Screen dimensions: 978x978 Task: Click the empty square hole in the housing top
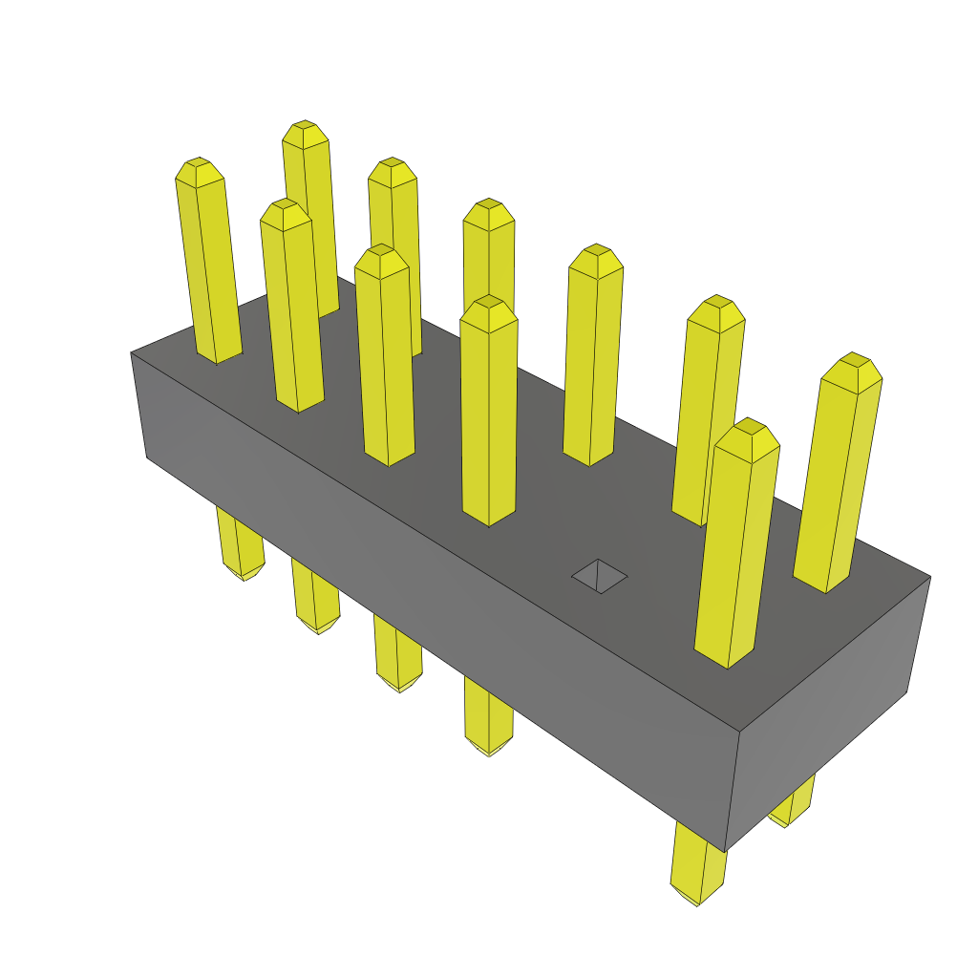point(599,576)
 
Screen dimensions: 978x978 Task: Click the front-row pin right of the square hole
point(735,544)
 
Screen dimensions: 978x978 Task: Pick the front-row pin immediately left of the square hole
point(489,411)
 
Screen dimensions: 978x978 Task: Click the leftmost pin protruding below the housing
point(239,549)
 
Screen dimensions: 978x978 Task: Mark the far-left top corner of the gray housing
point(132,353)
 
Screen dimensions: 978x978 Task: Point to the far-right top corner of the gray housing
point(929,577)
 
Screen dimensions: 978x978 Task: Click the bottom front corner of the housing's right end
point(726,849)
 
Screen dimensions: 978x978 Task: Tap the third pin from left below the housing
point(397,659)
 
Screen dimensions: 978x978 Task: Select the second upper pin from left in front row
point(291,306)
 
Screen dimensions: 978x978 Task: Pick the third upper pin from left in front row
point(385,353)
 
